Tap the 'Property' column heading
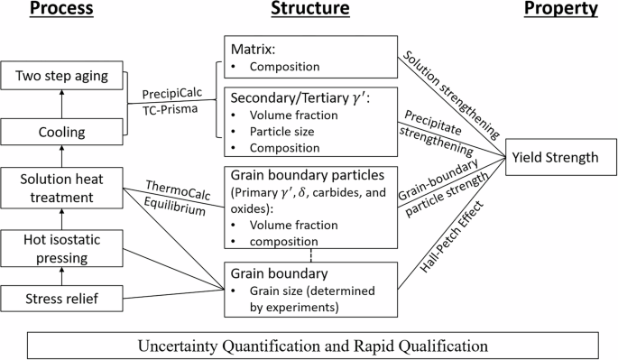565,10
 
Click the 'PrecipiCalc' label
171,94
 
